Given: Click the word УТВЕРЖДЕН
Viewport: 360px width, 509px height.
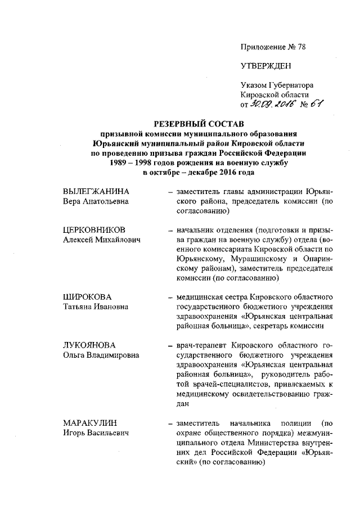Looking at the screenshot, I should tap(265, 66).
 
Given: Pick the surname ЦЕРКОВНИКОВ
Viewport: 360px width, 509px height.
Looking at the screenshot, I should tap(101, 230).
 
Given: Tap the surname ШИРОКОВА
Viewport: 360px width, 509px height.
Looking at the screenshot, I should tap(87, 296).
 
